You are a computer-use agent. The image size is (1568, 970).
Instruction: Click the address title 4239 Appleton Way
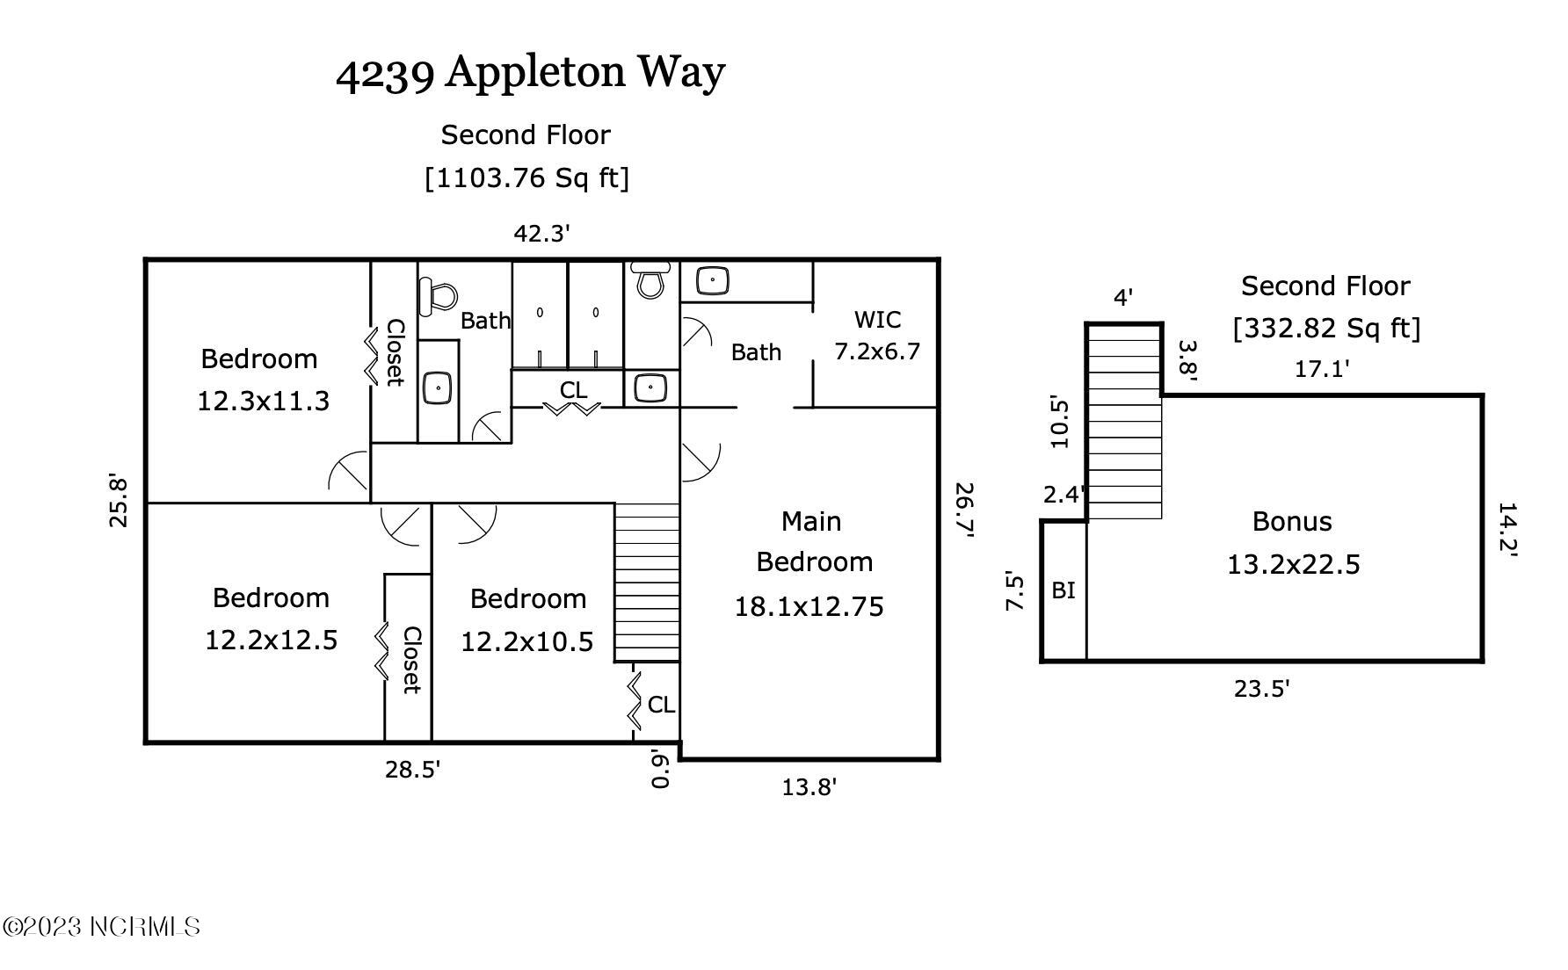[530, 72]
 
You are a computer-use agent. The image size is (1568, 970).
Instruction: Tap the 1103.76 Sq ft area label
[526, 178]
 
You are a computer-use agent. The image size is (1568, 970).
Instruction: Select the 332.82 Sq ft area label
[1325, 329]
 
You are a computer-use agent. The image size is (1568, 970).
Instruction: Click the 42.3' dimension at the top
[541, 234]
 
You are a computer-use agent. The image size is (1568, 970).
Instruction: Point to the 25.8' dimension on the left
[118, 501]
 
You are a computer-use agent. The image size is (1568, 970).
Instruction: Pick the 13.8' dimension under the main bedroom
[809, 787]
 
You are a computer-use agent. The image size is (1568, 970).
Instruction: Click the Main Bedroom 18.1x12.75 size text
[809, 607]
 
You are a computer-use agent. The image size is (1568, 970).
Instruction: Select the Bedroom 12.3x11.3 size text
[263, 402]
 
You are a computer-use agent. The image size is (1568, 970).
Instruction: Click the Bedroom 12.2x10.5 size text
[527, 642]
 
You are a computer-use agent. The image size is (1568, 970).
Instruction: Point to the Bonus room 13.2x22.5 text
[1293, 564]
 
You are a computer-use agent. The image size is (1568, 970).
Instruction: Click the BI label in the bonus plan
[1063, 590]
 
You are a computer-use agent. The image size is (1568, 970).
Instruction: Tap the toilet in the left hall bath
[438, 296]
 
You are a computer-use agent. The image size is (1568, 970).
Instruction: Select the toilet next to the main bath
[650, 280]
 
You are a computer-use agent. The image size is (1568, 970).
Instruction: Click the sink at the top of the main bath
[712, 281]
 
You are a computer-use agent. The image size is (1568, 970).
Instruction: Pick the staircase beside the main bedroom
[647, 582]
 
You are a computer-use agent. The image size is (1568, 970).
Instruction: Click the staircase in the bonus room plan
[1125, 422]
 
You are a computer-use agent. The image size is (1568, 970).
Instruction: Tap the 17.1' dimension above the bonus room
[1321, 369]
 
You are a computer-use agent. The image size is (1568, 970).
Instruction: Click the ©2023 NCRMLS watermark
[101, 926]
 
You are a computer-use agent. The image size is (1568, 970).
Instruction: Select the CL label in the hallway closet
[573, 389]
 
